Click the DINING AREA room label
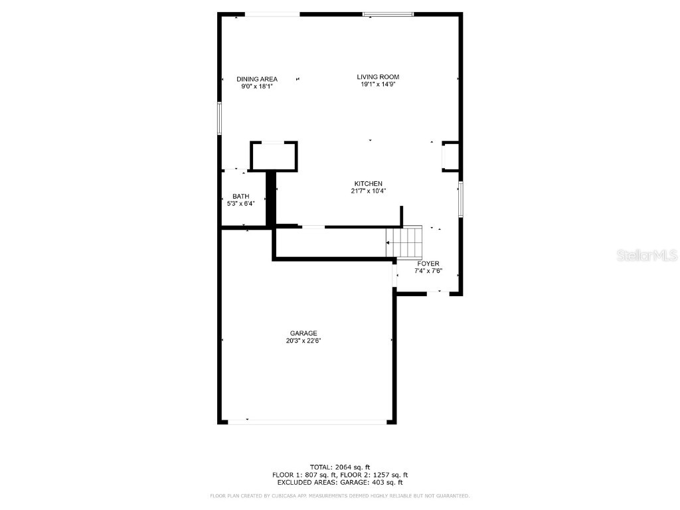[257, 79]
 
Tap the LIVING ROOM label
[378, 77]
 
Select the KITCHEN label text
[368, 183]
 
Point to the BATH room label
[240, 196]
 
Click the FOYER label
[428, 264]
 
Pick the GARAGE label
[303, 333]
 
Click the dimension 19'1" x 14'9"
[378, 85]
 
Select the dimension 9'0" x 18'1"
[257, 86]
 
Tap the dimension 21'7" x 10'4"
[368, 191]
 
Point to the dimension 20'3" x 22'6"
[303, 341]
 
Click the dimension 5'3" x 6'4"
[240, 204]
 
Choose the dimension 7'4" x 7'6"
[428, 272]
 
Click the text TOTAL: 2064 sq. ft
[340, 467]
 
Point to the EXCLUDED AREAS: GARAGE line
[340, 483]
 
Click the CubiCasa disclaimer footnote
[340, 496]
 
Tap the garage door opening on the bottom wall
[307, 421]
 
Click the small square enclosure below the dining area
[273, 157]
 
